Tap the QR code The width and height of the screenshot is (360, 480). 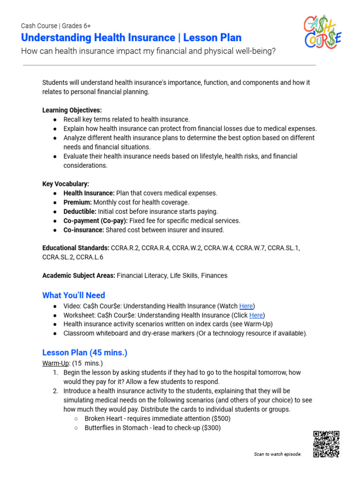tap(326, 444)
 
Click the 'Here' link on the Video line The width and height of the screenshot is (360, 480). tap(246, 306)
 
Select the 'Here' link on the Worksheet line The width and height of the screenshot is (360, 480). tap(256, 315)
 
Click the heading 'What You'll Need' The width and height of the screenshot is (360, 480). tap(74, 295)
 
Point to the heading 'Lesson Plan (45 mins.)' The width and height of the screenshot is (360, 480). tap(85, 352)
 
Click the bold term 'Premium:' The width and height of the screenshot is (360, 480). tap(77, 202)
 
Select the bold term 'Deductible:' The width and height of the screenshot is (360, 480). tap(80, 211)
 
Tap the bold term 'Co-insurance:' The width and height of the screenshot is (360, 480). tap(84, 230)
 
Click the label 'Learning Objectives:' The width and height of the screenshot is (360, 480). tap(72, 110)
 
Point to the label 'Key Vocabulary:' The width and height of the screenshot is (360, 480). tap(66, 184)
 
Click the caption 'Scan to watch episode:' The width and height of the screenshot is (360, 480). tap(277, 454)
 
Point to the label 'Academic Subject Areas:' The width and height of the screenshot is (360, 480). tap(78, 276)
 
